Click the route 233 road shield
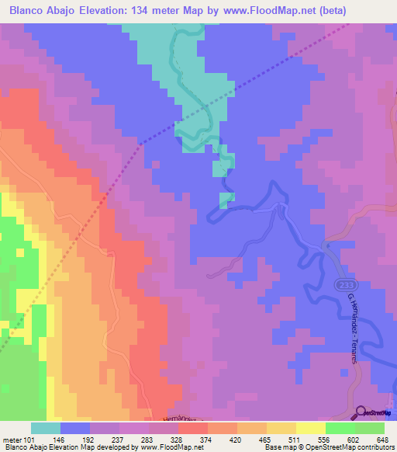point(343,285)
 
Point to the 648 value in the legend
point(382,439)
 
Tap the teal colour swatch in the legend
point(46,428)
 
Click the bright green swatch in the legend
point(340,428)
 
